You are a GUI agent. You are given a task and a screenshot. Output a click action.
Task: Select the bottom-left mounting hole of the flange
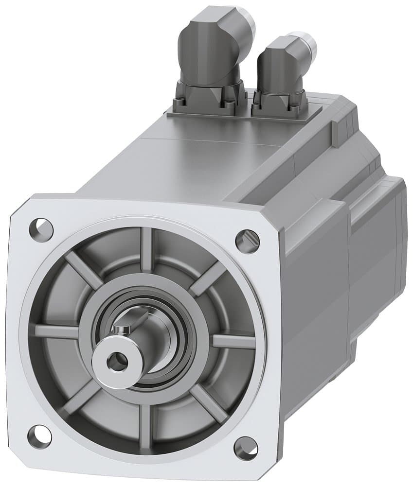coord(39,434)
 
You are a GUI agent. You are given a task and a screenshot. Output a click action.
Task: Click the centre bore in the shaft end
coord(115,361)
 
